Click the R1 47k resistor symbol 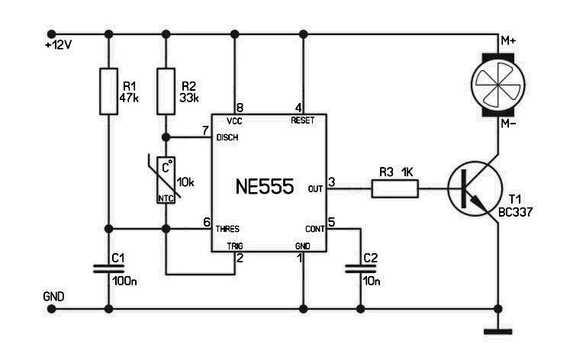pos(108,91)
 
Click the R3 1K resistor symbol pos(395,187)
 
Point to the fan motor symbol pos(498,80)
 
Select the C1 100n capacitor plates pos(108,268)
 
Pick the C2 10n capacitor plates pos(359,268)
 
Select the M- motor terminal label pos(507,122)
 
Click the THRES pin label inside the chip pos(227,228)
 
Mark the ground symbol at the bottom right pos(498,331)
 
